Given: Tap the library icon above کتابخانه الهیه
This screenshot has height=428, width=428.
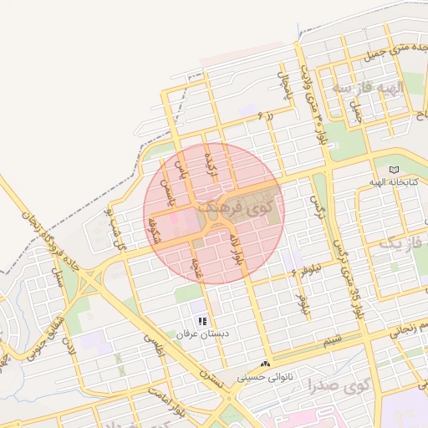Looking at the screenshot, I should [395, 170].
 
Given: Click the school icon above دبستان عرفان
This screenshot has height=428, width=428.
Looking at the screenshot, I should [201, 321].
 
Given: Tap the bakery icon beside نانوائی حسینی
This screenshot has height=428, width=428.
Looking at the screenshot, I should [265, 364].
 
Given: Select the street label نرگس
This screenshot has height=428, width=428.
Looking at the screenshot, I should [315, 203].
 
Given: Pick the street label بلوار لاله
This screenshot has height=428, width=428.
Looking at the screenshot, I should [237, 249].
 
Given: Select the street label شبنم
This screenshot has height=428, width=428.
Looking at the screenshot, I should [333, 341].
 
